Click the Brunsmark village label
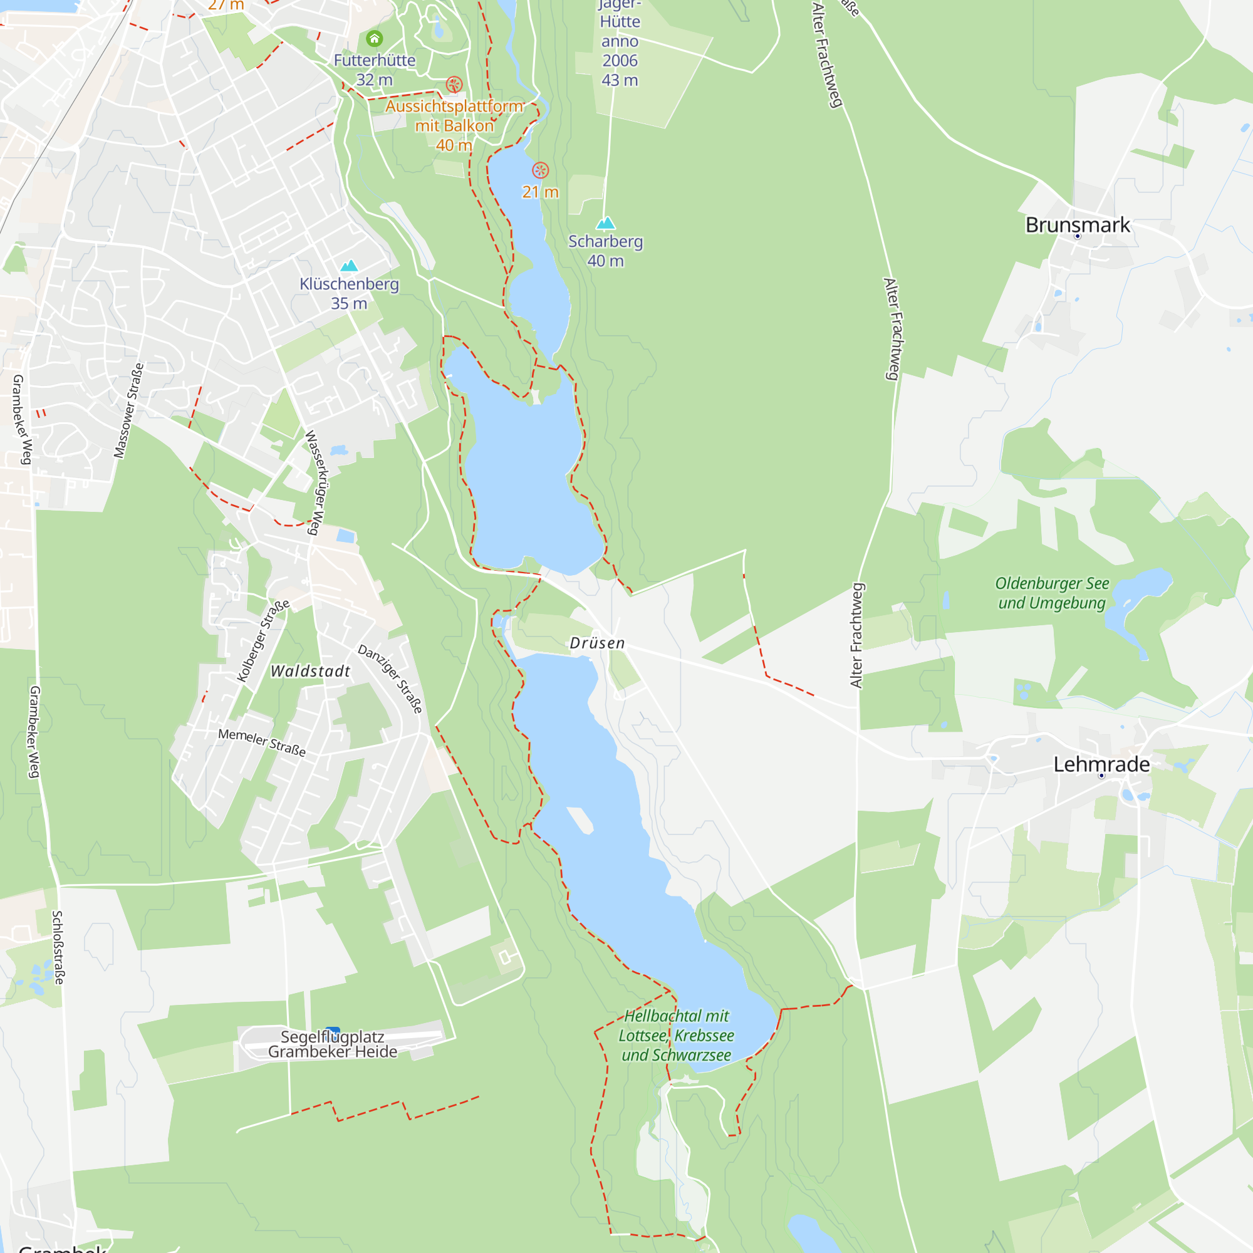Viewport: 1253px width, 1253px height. tap(1077, 225)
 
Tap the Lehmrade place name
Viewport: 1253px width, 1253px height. tap(1101, 764)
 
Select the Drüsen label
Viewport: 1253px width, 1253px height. tap(596, 643)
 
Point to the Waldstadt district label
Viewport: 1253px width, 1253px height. tap(310, 670)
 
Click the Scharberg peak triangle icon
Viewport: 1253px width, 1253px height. tap(605, 224)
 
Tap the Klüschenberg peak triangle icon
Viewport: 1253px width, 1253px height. tap(349, 265)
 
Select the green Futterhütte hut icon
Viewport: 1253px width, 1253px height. tap(374, 39)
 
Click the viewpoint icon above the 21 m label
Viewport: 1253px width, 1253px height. tap(540, 170)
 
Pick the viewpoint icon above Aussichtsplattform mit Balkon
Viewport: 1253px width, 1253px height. tap(454, 85)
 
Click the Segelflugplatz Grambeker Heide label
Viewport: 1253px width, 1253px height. tap(332, 1044)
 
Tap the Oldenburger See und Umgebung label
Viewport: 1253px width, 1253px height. tap(1051, 593)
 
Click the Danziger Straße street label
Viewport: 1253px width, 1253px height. tap(390, 678)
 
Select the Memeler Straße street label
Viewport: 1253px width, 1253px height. tap(261, 742)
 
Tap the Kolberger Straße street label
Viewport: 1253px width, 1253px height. tap(263, 641)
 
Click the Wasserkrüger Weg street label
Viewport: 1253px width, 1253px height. tap(315, 482)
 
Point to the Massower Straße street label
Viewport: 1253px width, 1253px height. tap(128, 410)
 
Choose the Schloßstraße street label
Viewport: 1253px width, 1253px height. tap(58, 947)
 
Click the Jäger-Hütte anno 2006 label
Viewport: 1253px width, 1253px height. tap(620, 42)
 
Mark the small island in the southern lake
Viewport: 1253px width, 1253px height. tap(580, 819)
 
